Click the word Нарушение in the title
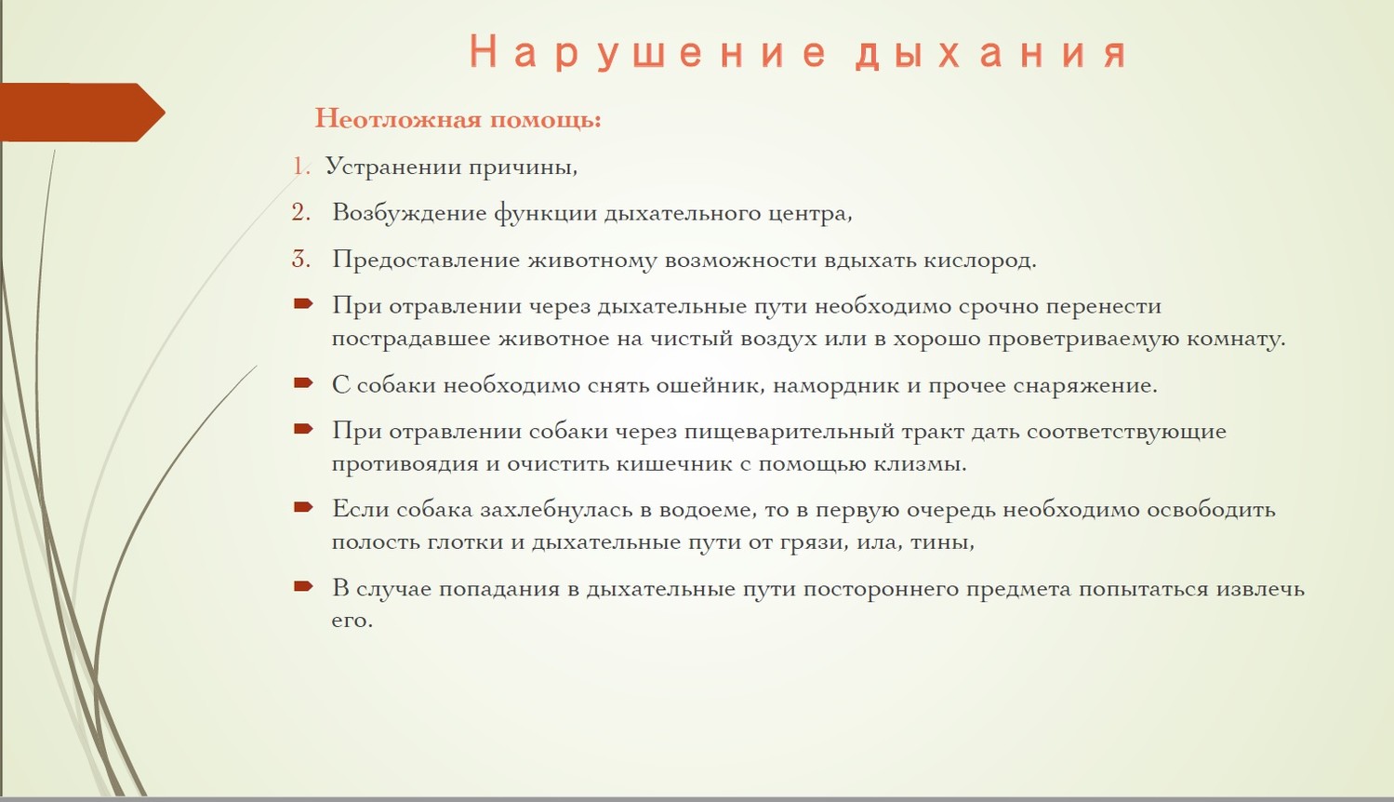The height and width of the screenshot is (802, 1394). point(647,53)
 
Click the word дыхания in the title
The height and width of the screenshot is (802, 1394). point(990,53)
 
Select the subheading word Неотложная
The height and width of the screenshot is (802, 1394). point(398,118)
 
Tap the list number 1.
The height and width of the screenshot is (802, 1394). point(301,167)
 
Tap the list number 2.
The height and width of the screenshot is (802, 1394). point(301,212)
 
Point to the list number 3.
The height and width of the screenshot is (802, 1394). point(301,259)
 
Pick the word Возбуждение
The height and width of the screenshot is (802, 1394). point(409,214)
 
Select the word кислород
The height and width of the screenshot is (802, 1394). point(980,260)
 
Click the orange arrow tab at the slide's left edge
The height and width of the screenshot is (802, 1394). point(82,112)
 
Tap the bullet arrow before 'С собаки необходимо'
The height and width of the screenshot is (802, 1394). point(303,382)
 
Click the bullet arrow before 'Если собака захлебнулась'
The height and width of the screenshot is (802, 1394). point(303,507)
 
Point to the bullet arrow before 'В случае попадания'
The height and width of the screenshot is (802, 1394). point(303,585)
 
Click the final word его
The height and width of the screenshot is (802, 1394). point(352,621)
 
